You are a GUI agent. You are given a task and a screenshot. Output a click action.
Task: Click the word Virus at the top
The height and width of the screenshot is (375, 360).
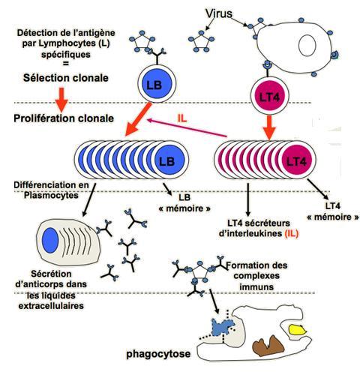(219, 13)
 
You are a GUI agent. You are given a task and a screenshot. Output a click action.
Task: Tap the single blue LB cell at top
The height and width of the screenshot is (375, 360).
(157, 83)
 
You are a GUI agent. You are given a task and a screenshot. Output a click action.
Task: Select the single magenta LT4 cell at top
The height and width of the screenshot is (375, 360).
(270, 96)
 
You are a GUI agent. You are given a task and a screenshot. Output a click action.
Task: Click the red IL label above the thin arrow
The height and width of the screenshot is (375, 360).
(182, 118)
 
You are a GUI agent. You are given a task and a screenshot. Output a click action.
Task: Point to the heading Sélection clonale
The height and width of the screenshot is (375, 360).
(66, 78)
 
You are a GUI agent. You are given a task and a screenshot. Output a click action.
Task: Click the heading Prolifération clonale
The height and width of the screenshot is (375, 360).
(64, 118)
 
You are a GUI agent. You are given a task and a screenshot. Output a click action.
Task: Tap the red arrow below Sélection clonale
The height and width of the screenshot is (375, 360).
(61, 100)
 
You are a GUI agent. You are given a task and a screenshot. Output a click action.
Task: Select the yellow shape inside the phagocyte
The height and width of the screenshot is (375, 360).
(298, 330)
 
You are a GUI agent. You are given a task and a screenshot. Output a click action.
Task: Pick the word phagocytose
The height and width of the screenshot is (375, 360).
(158, 354)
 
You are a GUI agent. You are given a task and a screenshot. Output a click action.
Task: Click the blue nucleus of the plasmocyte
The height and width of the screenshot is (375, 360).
(50, 240)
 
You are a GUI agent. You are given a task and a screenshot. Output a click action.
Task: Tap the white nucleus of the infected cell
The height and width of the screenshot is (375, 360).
(307, 45)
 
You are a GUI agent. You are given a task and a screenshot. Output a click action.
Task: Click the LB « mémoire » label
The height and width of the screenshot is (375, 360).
(184, 202)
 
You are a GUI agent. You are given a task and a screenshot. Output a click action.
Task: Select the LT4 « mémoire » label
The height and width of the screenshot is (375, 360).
(333, 211)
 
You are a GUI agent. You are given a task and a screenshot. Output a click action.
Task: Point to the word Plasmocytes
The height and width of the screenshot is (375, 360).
(51, 195)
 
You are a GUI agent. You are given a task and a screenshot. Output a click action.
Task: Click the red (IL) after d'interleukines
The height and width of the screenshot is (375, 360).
(292, 233)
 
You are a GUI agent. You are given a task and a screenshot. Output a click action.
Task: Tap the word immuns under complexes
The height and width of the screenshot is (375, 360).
(256, 286)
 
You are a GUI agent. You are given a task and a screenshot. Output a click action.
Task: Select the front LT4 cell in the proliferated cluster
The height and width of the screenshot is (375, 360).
(297, 160)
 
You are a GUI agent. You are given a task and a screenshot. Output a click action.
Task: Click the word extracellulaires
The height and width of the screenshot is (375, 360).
(51, 306)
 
